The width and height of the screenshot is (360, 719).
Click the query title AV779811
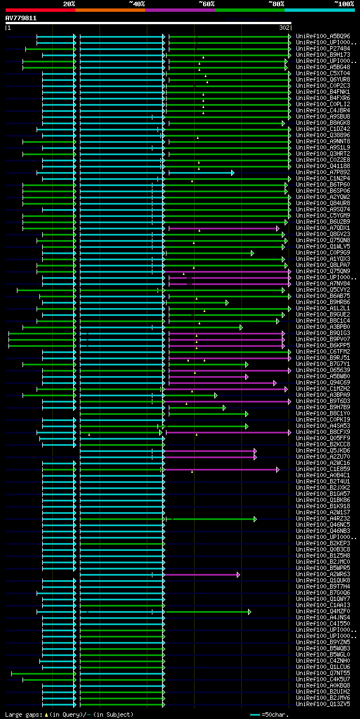21,18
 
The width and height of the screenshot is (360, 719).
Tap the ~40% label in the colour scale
137,4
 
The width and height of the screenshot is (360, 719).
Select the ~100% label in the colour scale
344,4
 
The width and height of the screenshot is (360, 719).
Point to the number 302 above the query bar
284,28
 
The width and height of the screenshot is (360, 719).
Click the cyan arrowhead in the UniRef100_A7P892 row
232,173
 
